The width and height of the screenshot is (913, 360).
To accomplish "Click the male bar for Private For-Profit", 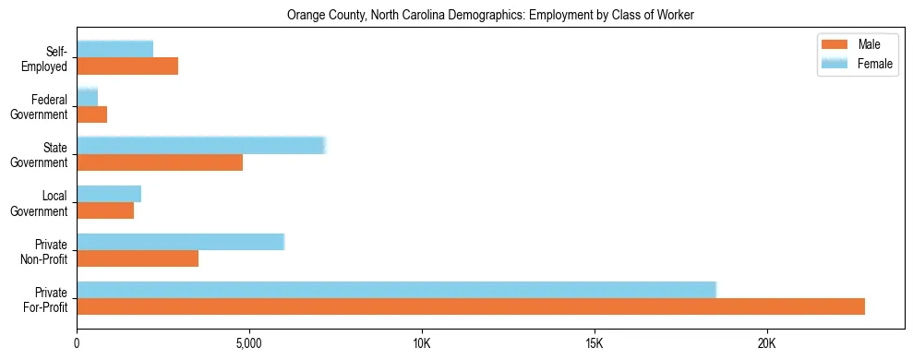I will point(471,306).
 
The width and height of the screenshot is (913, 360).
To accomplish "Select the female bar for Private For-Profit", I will point(397,290).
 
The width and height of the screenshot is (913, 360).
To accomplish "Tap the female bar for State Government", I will point(201,146).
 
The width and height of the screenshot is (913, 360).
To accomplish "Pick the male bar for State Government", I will point(160,162).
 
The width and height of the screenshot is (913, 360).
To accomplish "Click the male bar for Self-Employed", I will point(127,66).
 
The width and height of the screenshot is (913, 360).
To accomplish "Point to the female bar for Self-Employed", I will point(115,49).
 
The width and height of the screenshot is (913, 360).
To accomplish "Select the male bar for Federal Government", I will point(92,114).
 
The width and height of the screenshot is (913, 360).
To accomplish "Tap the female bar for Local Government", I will point(109,194).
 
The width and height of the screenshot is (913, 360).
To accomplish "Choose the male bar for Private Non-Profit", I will point(138,258).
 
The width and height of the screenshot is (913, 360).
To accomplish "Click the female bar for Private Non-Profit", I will point(181,242).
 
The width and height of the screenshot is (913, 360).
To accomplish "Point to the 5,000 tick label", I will point(249,344).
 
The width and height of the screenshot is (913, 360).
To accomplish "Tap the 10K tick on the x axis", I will point(422,344).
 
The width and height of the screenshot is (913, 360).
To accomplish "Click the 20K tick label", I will point(766,344).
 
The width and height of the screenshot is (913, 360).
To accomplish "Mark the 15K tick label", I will point(594,344).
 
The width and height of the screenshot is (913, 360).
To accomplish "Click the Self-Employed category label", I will point(48,58).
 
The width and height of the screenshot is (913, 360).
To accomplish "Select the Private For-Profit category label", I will point(45,299).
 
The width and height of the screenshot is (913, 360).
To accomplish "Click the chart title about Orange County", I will point(490,15).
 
